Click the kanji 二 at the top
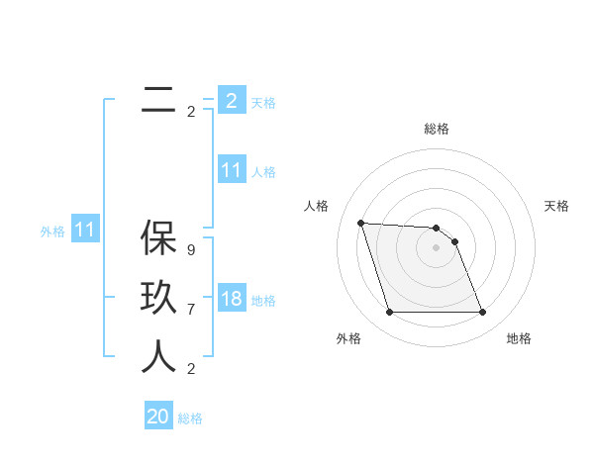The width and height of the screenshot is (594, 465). pyautogui.click(x=158, y=100)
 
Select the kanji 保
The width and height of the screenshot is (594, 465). pyautogui.click(x=158, y=238)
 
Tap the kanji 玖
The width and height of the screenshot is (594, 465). pyautogui.click(x=158, y=298)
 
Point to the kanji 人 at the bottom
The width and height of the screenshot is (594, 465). pyautogui.click(x=158, y=357)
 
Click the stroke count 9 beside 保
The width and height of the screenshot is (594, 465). pyautogui.click(x=191, y=250)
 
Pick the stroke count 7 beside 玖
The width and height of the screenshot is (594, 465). pyautogui.click(x=191, y=310)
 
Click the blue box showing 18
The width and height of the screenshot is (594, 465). pyautogui.click(x=231, y=299)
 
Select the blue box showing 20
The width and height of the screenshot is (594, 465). pyautogui.click(x=158, y=417)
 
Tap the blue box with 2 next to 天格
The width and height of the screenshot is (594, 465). pyautogui.click(x=231, y=101)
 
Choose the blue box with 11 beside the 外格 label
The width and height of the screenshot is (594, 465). pyautogui.click(x=85, y=230)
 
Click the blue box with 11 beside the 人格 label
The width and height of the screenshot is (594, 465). pyautogui.click(x=231, y=170)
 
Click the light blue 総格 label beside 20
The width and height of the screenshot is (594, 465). pyautogui.click(x=190, y=418)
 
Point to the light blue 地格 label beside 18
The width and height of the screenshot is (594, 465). pyautogui.click(x=263, y=301)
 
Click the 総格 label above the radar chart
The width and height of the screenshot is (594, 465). pyautogui.click(x=437, y=129)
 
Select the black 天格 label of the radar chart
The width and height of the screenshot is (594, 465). pyautogui.click(x=557, y=206)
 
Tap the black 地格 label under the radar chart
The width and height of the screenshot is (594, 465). pyautogui.click(x=519, y=338)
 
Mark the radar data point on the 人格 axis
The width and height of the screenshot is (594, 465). pyautogui.click(x=360, y=223)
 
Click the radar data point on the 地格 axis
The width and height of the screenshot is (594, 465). pyautogui.click(x=483, y=313)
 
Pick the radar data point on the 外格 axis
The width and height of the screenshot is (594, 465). pyautogui.click(x=389, y=313)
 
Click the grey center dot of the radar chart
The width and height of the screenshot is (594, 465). pyautogui.click(x=437, y=247)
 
